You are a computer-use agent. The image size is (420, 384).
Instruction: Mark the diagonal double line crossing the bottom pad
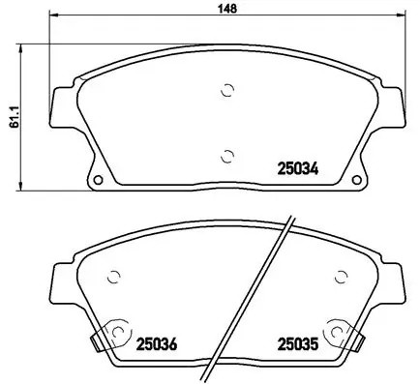pyautogui.click(x=271, y=290)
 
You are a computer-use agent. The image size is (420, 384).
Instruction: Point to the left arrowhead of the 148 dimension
pyautogui.click(x=53, y=16)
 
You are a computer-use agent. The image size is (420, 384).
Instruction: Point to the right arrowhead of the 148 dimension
pyautogui.click(x=403, y=16)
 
